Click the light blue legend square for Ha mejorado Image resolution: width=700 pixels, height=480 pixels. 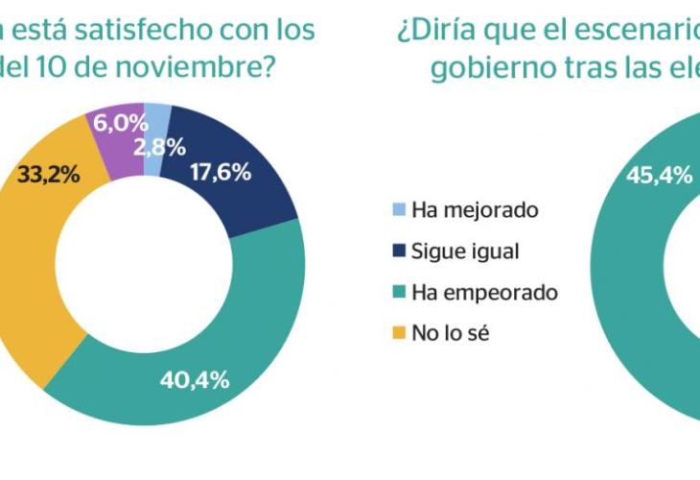(x=399, y=209)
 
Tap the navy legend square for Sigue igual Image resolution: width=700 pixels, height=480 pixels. (x=399, y=251)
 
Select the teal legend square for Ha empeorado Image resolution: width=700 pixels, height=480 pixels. (x=399, y=292)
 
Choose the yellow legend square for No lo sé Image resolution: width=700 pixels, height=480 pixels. (x=399, y=333)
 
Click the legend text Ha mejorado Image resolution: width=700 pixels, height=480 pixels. (x=461, y=209)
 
